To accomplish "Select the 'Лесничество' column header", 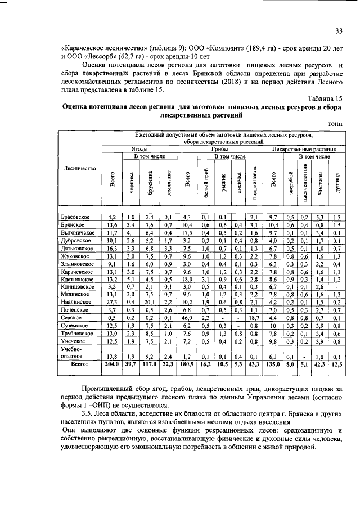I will (x=80, y=168).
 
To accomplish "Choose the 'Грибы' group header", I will (x=220, y=150).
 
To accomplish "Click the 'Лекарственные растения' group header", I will (x=304, y=150).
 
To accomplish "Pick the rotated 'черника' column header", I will (x=131, y=183).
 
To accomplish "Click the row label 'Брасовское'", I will (x=75, y=217).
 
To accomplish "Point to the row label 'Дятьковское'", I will (x=77, y=247).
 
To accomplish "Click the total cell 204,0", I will (x=111, y=364).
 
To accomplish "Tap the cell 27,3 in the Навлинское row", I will (x=111, y=302).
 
